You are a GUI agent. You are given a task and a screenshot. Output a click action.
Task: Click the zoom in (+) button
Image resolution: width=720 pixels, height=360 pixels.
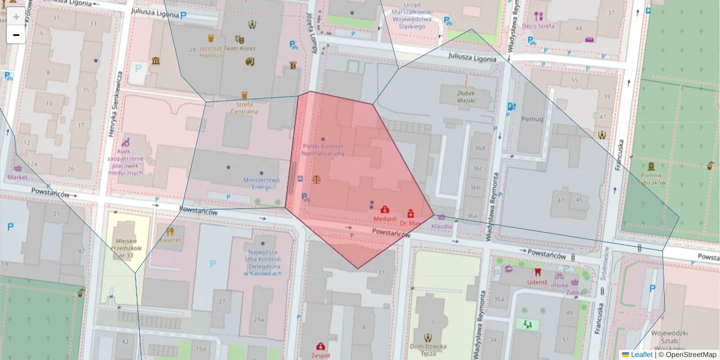(x=16, y=17)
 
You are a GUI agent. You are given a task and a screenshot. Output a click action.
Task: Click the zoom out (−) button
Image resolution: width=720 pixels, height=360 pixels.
(x=16, y=35)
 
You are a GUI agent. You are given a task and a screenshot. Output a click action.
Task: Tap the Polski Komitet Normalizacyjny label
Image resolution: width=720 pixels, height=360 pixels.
(x=323, y=149)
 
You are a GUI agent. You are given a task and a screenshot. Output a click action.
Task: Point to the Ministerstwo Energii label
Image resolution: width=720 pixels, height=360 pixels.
(x=261, y=184)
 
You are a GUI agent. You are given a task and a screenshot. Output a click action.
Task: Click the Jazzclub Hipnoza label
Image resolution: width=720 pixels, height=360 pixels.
(x=211, y=51)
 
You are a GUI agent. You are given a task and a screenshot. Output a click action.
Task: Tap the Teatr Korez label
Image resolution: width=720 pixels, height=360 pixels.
(x=253, y=47)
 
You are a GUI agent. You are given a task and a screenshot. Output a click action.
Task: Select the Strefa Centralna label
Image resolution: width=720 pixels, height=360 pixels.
(x=244, y=108)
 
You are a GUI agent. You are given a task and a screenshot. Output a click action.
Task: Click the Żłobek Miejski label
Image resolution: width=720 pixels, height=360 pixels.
(x=457, y=97)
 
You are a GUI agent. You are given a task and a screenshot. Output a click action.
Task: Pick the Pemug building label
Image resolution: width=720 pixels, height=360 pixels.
(x=532, y=119)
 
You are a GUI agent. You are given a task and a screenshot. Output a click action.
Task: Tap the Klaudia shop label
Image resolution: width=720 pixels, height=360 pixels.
(x=442, y=226)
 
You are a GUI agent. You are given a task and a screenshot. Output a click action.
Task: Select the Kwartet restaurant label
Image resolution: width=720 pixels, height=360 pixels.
(x=170, y=240)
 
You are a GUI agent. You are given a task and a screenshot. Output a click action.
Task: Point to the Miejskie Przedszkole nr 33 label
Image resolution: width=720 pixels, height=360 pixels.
(x=127, y=248)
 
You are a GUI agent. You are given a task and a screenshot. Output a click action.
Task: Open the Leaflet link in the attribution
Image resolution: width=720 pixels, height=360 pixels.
(x=641, y=355)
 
